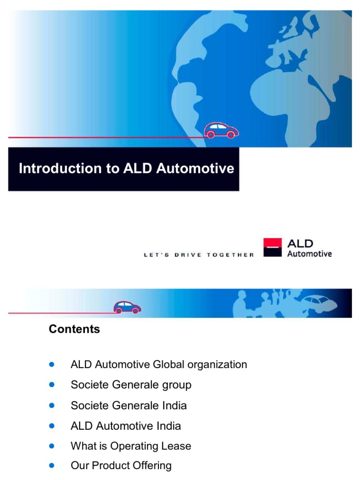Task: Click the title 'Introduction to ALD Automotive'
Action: [x=126, y=168]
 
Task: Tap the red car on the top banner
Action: [x=221, y=130]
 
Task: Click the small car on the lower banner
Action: [x=127, y=307]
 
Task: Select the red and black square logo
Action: [x=272, y=247]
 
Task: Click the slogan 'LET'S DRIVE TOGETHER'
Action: [x=198, y=255]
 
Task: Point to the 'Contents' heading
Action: [x=74, y=329]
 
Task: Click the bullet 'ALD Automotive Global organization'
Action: [x=158, y=364]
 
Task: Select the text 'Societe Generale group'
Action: [x=131, y=385]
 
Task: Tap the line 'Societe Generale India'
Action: [x=128, y=405]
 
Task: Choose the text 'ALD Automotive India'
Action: [x=126, y=426]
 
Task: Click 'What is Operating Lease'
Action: [x=131, y=446]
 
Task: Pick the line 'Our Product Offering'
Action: [x=121, y=465]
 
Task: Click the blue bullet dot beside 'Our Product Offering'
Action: [x=52, y=465]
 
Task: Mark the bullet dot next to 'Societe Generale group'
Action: [x=52, y=384]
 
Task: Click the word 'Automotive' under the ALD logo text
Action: [x=309, y=254]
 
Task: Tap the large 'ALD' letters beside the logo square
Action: [x=300, y=243]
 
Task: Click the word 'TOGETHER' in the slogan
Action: [x=230, y=255]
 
